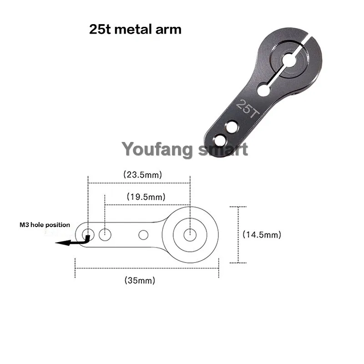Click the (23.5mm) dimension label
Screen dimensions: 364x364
coord(142,175)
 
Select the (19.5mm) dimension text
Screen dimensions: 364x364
coord(146,197)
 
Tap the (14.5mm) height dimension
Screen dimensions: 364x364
coord(262,234)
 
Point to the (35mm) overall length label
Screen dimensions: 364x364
coord(140,280)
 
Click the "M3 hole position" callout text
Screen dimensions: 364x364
coord(45,225)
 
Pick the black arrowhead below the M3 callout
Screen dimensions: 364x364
coord(63,243)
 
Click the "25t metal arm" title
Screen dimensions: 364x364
coord(135,30)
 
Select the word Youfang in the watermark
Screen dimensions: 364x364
coord(157,149)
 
